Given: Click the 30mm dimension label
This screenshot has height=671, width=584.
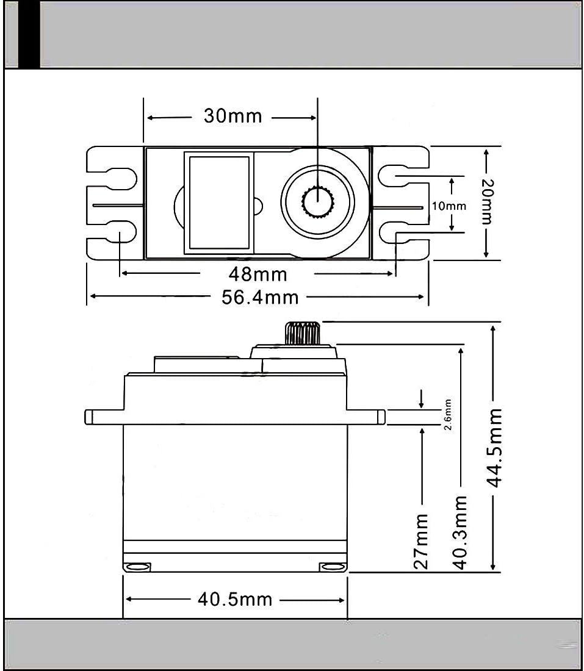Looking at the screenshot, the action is point(233,116).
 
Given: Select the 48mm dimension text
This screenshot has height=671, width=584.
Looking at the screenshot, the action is point(258,274).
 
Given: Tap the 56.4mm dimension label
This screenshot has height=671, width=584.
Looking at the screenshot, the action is point(260,298).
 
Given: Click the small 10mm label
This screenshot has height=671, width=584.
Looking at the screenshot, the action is point(449,206).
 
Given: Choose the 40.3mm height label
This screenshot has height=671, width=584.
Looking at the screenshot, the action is point(460,533).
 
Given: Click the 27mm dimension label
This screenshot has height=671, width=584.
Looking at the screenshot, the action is point(421,541).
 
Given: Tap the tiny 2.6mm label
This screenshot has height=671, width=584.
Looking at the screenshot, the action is point(447,415).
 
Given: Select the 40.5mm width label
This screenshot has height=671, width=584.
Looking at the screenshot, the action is point(235,600).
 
